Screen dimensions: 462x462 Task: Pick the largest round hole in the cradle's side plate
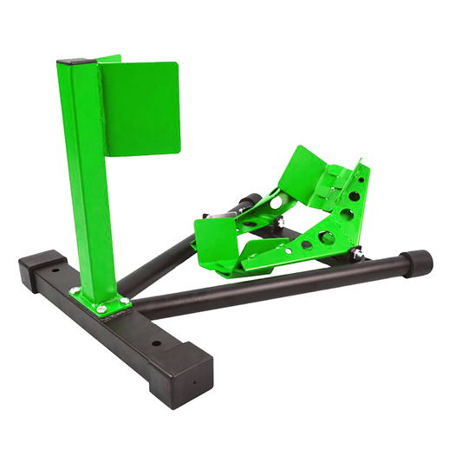[329, 238]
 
